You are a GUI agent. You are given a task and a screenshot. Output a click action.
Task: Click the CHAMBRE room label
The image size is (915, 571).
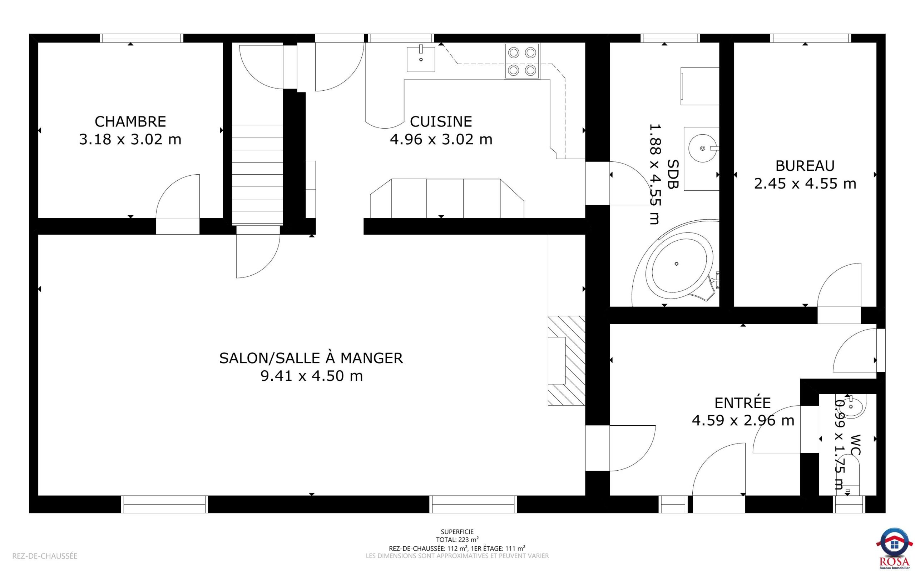coord(130,122)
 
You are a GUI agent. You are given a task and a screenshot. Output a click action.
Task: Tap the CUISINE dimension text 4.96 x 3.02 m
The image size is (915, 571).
coord(441,140)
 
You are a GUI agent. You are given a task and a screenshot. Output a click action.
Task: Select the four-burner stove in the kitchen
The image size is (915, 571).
coord(522,61)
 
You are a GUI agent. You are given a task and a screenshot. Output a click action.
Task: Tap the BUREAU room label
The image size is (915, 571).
coord(805,166)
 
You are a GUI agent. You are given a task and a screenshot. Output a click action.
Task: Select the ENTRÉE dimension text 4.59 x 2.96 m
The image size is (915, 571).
coord(743,420)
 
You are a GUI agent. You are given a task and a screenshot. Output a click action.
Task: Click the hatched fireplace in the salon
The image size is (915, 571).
coord(566,361)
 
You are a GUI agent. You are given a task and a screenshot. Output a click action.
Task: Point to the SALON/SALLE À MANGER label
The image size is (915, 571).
coord(311,358)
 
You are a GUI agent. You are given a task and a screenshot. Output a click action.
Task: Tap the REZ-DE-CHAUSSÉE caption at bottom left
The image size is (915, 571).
coord(45,556)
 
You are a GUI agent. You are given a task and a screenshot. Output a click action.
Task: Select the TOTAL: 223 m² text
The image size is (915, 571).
coord(457,540)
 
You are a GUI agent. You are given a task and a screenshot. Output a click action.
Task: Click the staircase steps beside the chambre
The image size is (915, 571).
coord(257,175)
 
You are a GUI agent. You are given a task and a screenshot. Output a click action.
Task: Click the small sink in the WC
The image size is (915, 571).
coord(852,406)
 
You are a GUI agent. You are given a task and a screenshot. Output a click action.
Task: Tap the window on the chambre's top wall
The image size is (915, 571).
coord(141,38)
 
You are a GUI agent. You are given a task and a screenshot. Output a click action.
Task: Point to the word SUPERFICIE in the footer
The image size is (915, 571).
coord(457,532)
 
